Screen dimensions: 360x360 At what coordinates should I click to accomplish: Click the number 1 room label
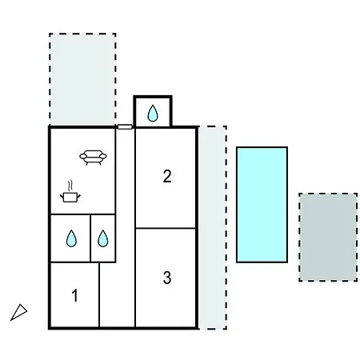(75, 295)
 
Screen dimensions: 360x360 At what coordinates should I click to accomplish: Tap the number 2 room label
(167, 176)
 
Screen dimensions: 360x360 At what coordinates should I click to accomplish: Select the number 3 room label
(167, 278)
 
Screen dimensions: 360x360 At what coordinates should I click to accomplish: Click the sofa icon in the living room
(93, 158)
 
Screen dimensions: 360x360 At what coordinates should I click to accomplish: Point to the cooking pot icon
(70, 198)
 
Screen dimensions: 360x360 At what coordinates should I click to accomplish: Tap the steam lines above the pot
(70, 186)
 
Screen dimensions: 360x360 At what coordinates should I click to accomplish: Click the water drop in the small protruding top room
(153, 114)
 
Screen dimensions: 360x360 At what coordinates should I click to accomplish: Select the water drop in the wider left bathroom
(71, 238)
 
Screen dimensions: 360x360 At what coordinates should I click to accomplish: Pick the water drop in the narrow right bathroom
(103, 238)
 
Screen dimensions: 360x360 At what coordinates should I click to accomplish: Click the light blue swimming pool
(262, 205)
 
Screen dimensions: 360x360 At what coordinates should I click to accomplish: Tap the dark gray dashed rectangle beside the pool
(328, 237)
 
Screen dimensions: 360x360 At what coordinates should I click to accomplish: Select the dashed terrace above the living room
(82, 79)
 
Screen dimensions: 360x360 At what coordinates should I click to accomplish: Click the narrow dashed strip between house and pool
(213, 227)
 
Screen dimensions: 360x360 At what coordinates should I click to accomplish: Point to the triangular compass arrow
(18, 312)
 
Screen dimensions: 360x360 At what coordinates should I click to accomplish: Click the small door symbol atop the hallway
(125, 127)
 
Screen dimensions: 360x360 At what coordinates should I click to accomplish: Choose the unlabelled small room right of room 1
(117, 294)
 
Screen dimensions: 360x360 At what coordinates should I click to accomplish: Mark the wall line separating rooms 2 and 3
(166, 228)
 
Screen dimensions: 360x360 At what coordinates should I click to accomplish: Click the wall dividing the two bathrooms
(90, 238)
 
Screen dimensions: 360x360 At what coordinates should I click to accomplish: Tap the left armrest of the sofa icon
(83, 156)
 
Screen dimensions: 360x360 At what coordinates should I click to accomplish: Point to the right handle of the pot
(79, 197)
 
